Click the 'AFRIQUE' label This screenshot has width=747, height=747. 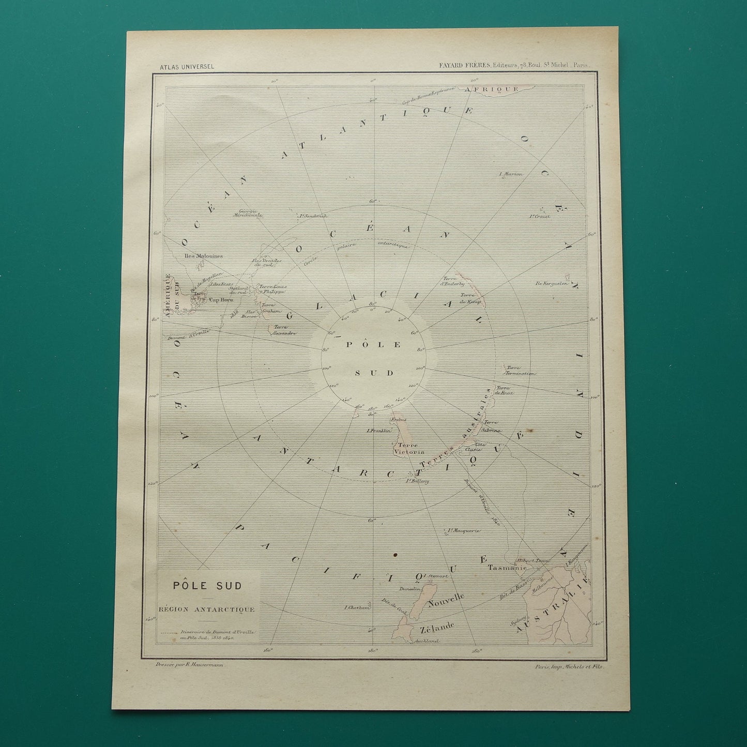click(492, 89)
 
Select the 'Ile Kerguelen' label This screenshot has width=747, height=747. click(552, 283)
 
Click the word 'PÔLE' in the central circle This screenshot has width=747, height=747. click(374, 345)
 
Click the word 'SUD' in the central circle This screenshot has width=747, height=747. click(374, 373)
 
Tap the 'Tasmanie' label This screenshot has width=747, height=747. click(507, 567)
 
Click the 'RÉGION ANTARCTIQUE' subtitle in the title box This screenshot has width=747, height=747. click(207, 609)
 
